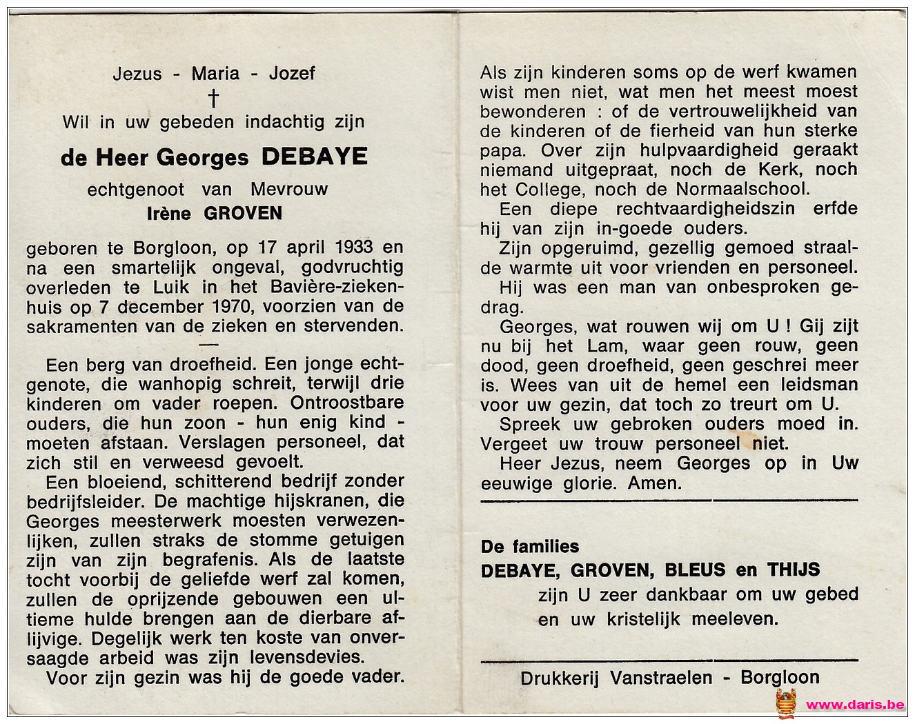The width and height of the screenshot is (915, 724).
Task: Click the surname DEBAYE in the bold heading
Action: (x=314, y=157)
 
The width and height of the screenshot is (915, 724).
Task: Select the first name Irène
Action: (x=168, y=213)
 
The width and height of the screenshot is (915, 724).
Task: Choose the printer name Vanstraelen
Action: (x=661, y=678)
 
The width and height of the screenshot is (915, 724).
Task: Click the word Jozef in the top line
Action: (x=292, y=73)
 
